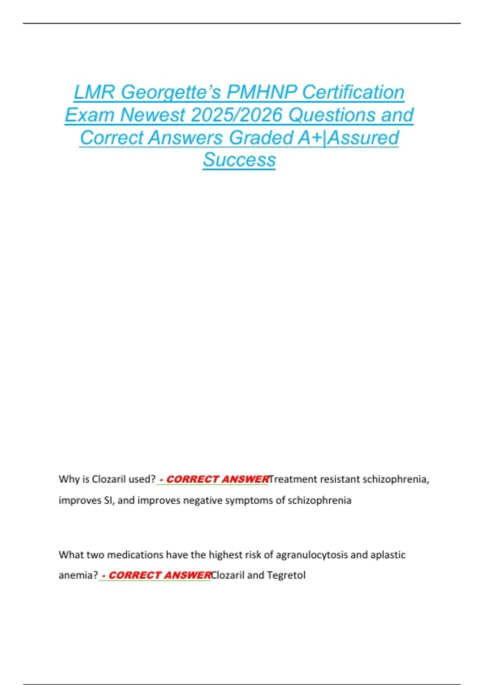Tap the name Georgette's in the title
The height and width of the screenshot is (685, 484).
click(x=171, y=92)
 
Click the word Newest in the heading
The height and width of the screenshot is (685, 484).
click(x=152, y=115)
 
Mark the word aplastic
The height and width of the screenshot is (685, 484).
click(x=388, y=555)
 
